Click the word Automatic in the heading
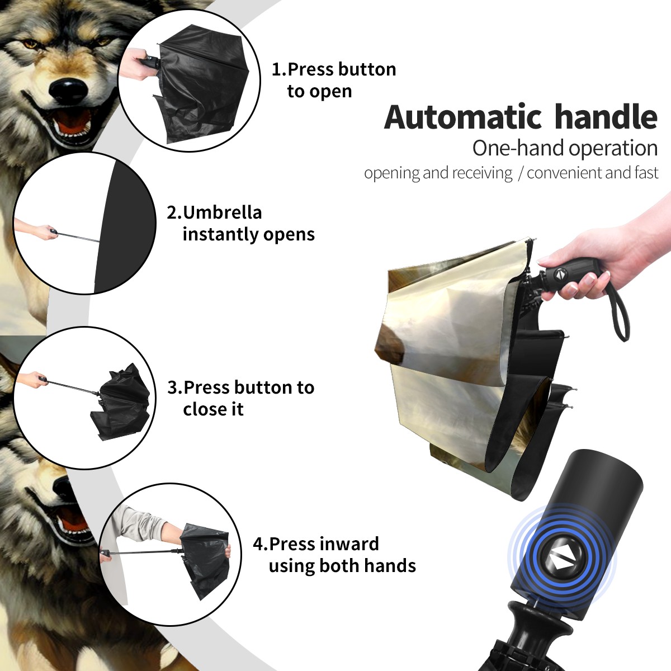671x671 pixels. pos(463,117)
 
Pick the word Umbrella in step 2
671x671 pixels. pos(222,212)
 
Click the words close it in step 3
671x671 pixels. pos(213,409)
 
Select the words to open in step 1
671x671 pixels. pos(319,92)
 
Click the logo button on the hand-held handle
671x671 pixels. pos(560,274)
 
